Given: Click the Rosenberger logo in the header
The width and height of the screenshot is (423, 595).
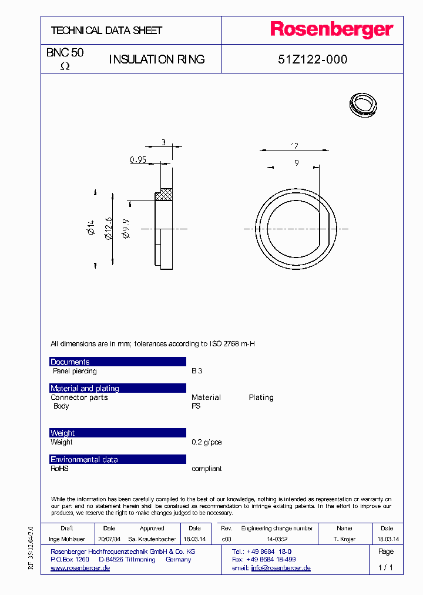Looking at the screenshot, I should pos(331,30).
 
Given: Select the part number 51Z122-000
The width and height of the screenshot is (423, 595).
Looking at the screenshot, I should pos(312,59).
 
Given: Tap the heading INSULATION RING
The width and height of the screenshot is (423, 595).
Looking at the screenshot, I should pos(157,59).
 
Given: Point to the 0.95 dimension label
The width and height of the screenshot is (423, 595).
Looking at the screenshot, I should pos(137,159).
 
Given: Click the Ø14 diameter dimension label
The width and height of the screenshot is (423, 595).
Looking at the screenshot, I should pos(92,228).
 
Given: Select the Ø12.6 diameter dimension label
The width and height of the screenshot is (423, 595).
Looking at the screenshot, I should pos(108,228).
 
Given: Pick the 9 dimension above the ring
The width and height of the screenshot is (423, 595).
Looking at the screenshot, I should pos(297,163).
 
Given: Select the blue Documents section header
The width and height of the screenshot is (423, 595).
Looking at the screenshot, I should pos(117,362).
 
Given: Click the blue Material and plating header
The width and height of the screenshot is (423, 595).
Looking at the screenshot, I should pos(117,388).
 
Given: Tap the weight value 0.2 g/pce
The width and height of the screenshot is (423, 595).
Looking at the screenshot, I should pos(207,442).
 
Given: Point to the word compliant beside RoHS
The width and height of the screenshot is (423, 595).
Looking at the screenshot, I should pos(207,469).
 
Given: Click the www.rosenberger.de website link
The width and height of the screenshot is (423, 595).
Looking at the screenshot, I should pos(80,568).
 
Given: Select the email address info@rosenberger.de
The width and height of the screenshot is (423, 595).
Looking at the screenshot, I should pos(281,568).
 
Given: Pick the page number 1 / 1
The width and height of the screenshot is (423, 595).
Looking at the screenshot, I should pos(385,568).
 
